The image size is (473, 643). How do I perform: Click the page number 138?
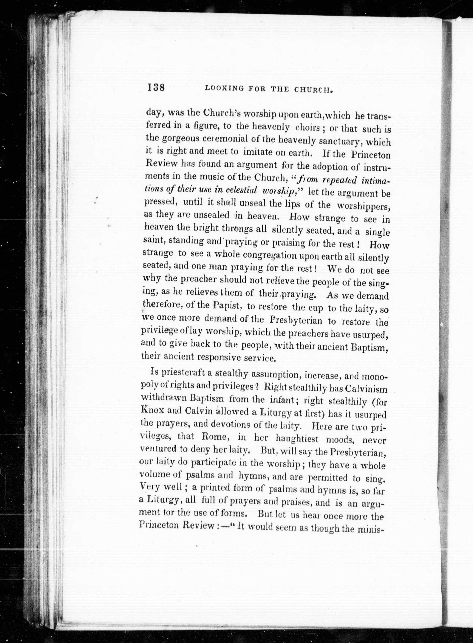156,87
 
